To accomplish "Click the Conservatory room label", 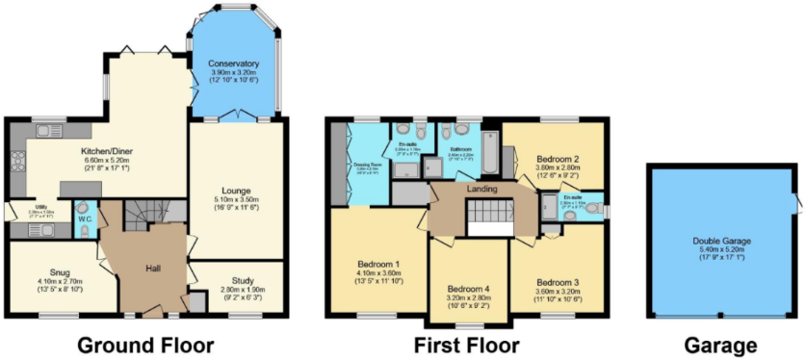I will [233, 64].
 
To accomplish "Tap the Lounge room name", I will [235, 191].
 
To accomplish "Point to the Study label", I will [235, 279].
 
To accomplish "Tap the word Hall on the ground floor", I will [154, 269].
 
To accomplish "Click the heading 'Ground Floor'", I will [145, 344].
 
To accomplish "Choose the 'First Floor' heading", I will [466, 344].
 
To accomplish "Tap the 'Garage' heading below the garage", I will [721, 344].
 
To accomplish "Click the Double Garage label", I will [721, 242].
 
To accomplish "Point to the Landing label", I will [481, 189].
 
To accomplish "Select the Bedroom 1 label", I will [377, 264].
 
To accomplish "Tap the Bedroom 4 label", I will [469, 289].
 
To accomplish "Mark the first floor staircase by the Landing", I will [491, 218].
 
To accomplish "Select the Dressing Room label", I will [367, 166].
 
